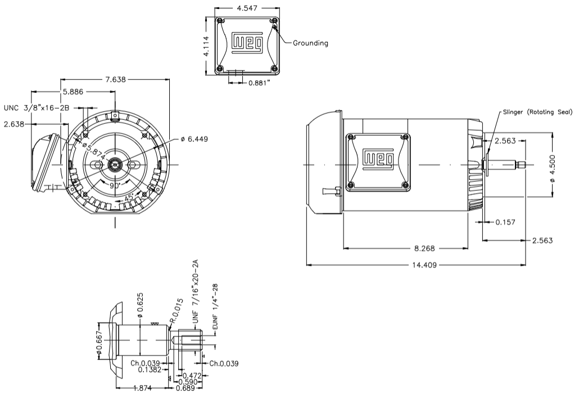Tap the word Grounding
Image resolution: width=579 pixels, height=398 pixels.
310,43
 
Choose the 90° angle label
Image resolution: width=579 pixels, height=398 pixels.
115,185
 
